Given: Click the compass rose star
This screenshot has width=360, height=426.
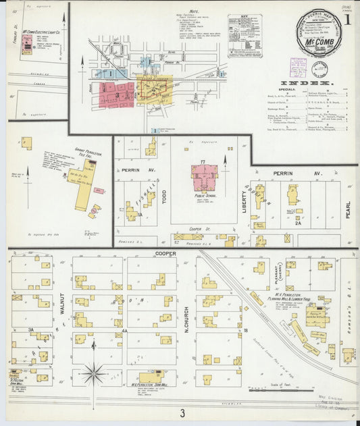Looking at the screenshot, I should coord(95,372).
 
